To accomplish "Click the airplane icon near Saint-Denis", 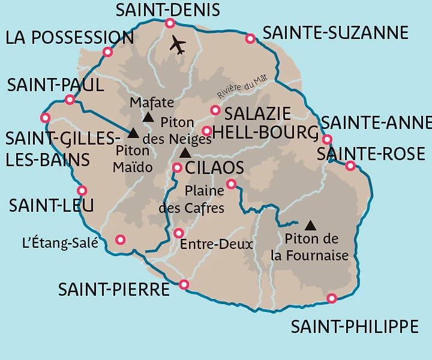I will [178, 44].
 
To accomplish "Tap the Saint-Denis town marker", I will [170, 23].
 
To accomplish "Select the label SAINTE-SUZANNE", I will [335, 32].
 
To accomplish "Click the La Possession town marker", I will [108, 52].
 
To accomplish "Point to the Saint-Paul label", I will [55, 85].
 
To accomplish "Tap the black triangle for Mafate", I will [148, 117].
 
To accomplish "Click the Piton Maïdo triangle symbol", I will [133, 133].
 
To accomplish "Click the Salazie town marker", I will [215, 110].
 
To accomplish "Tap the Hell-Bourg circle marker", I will [206, 131].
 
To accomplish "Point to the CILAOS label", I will [215, 167].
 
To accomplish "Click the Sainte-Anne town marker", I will [327, 140].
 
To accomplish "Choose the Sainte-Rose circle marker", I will [350, 166].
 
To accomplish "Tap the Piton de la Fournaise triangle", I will [310, 226].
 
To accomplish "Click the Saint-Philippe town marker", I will [332, 298].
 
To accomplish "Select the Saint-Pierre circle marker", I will [184, 284].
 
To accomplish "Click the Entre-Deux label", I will [216, 244].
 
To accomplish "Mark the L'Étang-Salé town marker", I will [120, 239].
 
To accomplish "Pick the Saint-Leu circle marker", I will [82, 191].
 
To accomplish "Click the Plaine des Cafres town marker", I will [231, 184].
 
